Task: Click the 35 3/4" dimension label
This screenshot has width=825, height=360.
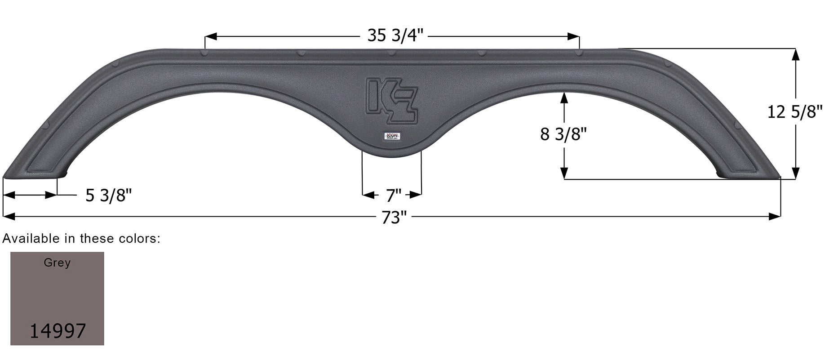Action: (x=395, y=36)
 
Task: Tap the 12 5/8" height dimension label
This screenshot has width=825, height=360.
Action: (x=794, y=112)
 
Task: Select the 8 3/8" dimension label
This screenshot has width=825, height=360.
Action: (x=563, y=134)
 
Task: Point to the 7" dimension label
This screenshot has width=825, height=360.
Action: (x=393, y=196)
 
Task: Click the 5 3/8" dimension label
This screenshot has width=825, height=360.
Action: (x=109, y=196)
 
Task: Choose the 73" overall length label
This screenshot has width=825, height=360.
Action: (x=394, y=218)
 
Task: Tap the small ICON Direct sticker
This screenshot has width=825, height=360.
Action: (x=392, y=136)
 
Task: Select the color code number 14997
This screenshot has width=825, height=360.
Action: (x=58, y=331)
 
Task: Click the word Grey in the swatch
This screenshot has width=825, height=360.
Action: (x=57, y=262)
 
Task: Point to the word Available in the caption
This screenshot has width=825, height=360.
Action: (x=31, y=239)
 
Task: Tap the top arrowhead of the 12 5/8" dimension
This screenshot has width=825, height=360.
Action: (x=795, y=54)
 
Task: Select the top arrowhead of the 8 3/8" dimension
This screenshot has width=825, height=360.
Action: (x=564, y=98)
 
